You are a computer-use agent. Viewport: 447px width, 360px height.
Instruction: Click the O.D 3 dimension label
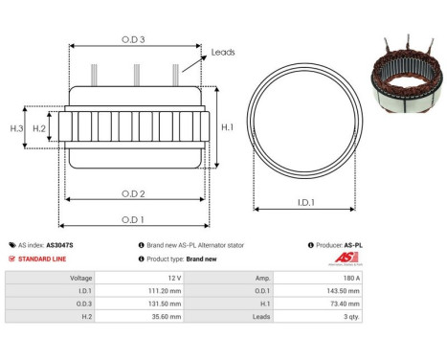tap(134, 39)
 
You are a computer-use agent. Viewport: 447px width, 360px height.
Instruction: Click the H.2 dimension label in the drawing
tap(39, 127)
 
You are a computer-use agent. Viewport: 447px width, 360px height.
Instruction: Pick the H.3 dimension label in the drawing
tap(16, 127)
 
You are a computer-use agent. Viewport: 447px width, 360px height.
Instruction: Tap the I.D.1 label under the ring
tap(306, 203)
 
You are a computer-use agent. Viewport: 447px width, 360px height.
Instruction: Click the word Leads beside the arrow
tap(223, 53)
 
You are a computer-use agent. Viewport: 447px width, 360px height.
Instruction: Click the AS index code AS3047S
tap(59, 245)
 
